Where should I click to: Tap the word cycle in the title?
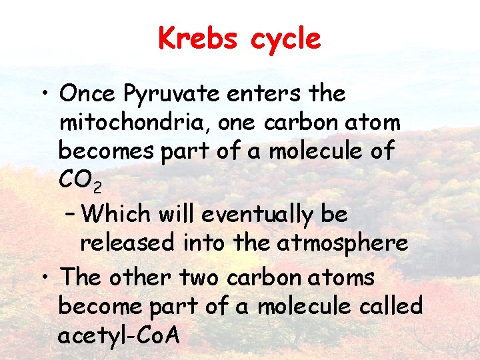(x=285, y=39)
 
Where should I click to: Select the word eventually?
(x=258, y=215)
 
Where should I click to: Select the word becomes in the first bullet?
(x=107, y=151)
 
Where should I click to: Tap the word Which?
(x=119, y=214)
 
